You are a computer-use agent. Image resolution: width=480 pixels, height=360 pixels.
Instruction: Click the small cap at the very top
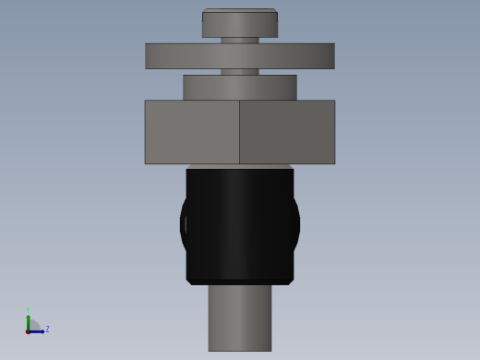click(x=239, y=24)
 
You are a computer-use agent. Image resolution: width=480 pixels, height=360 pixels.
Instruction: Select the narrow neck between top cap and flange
click(x=239, y=41)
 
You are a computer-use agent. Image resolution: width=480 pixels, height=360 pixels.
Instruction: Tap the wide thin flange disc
click(x=239, y=55)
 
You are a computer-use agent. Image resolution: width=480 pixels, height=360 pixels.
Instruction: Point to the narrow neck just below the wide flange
click(x=239, y=72)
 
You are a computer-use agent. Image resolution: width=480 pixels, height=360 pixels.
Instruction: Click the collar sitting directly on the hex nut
click(x=239, y=88)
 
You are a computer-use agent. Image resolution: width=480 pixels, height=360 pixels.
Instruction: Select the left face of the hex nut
click(x=192, y=132)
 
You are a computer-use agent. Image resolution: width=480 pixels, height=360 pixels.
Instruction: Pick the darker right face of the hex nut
click(x=287, y=132)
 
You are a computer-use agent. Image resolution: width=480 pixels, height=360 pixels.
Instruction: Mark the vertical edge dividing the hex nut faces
click(x=239, y=132)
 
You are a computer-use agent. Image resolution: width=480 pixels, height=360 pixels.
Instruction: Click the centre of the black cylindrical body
click(x=239, y=223)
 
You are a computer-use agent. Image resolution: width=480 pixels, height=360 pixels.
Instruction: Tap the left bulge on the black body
click(x=183, y=223)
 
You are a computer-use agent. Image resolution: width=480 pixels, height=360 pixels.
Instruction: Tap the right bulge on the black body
click(x=296, y=223)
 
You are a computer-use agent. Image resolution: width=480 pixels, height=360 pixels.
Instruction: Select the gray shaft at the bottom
click(x=239, y=318)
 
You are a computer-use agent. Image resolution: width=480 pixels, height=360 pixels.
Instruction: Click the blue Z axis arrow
click(x=38, y=331)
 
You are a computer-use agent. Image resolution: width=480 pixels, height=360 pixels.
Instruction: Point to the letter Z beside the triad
click(x=47, y=329)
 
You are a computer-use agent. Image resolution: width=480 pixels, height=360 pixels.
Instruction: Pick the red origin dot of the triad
click(x=28, y=331)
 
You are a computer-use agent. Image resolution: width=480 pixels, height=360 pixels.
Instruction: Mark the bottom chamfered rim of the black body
click(x=239, y=282)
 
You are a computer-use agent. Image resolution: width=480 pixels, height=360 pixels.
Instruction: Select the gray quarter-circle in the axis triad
click(x=33, y=326)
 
